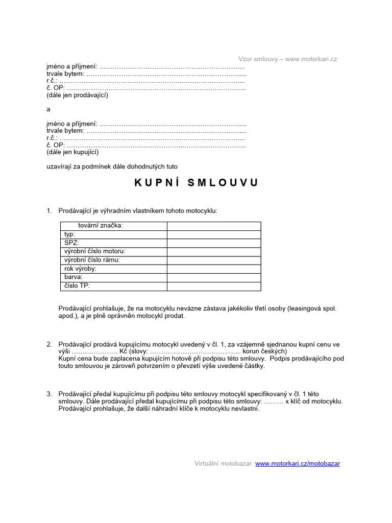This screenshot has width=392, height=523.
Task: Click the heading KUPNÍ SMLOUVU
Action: pos(197,183)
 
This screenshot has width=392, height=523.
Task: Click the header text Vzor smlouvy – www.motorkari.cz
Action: pos(287,59)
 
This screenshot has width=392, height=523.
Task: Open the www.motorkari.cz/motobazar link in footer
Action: pos(297,464)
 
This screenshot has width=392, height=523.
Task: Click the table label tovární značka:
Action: pos(100,226)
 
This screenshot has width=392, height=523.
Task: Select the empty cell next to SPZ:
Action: pos(213,243)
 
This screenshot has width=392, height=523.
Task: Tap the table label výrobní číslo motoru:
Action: pos(94,251)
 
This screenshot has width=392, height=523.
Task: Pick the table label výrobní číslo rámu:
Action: pos(92,260)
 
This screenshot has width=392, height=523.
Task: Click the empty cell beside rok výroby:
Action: pos(213,269)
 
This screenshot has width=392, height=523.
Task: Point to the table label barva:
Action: pos(73,277)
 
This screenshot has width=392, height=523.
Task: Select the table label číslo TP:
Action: pos(77,286)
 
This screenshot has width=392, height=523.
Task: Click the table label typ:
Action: pos(69,234)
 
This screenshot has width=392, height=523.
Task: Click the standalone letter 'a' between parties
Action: pos(48,109)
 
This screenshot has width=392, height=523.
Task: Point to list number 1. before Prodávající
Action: pos(50,211)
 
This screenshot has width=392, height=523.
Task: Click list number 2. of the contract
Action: pos(50,344)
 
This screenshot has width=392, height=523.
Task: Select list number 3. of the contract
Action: pos(50,394)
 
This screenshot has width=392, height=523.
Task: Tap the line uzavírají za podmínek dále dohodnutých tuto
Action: pos(112,166)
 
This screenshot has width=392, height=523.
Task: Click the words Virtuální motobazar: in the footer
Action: pos(224,464)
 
